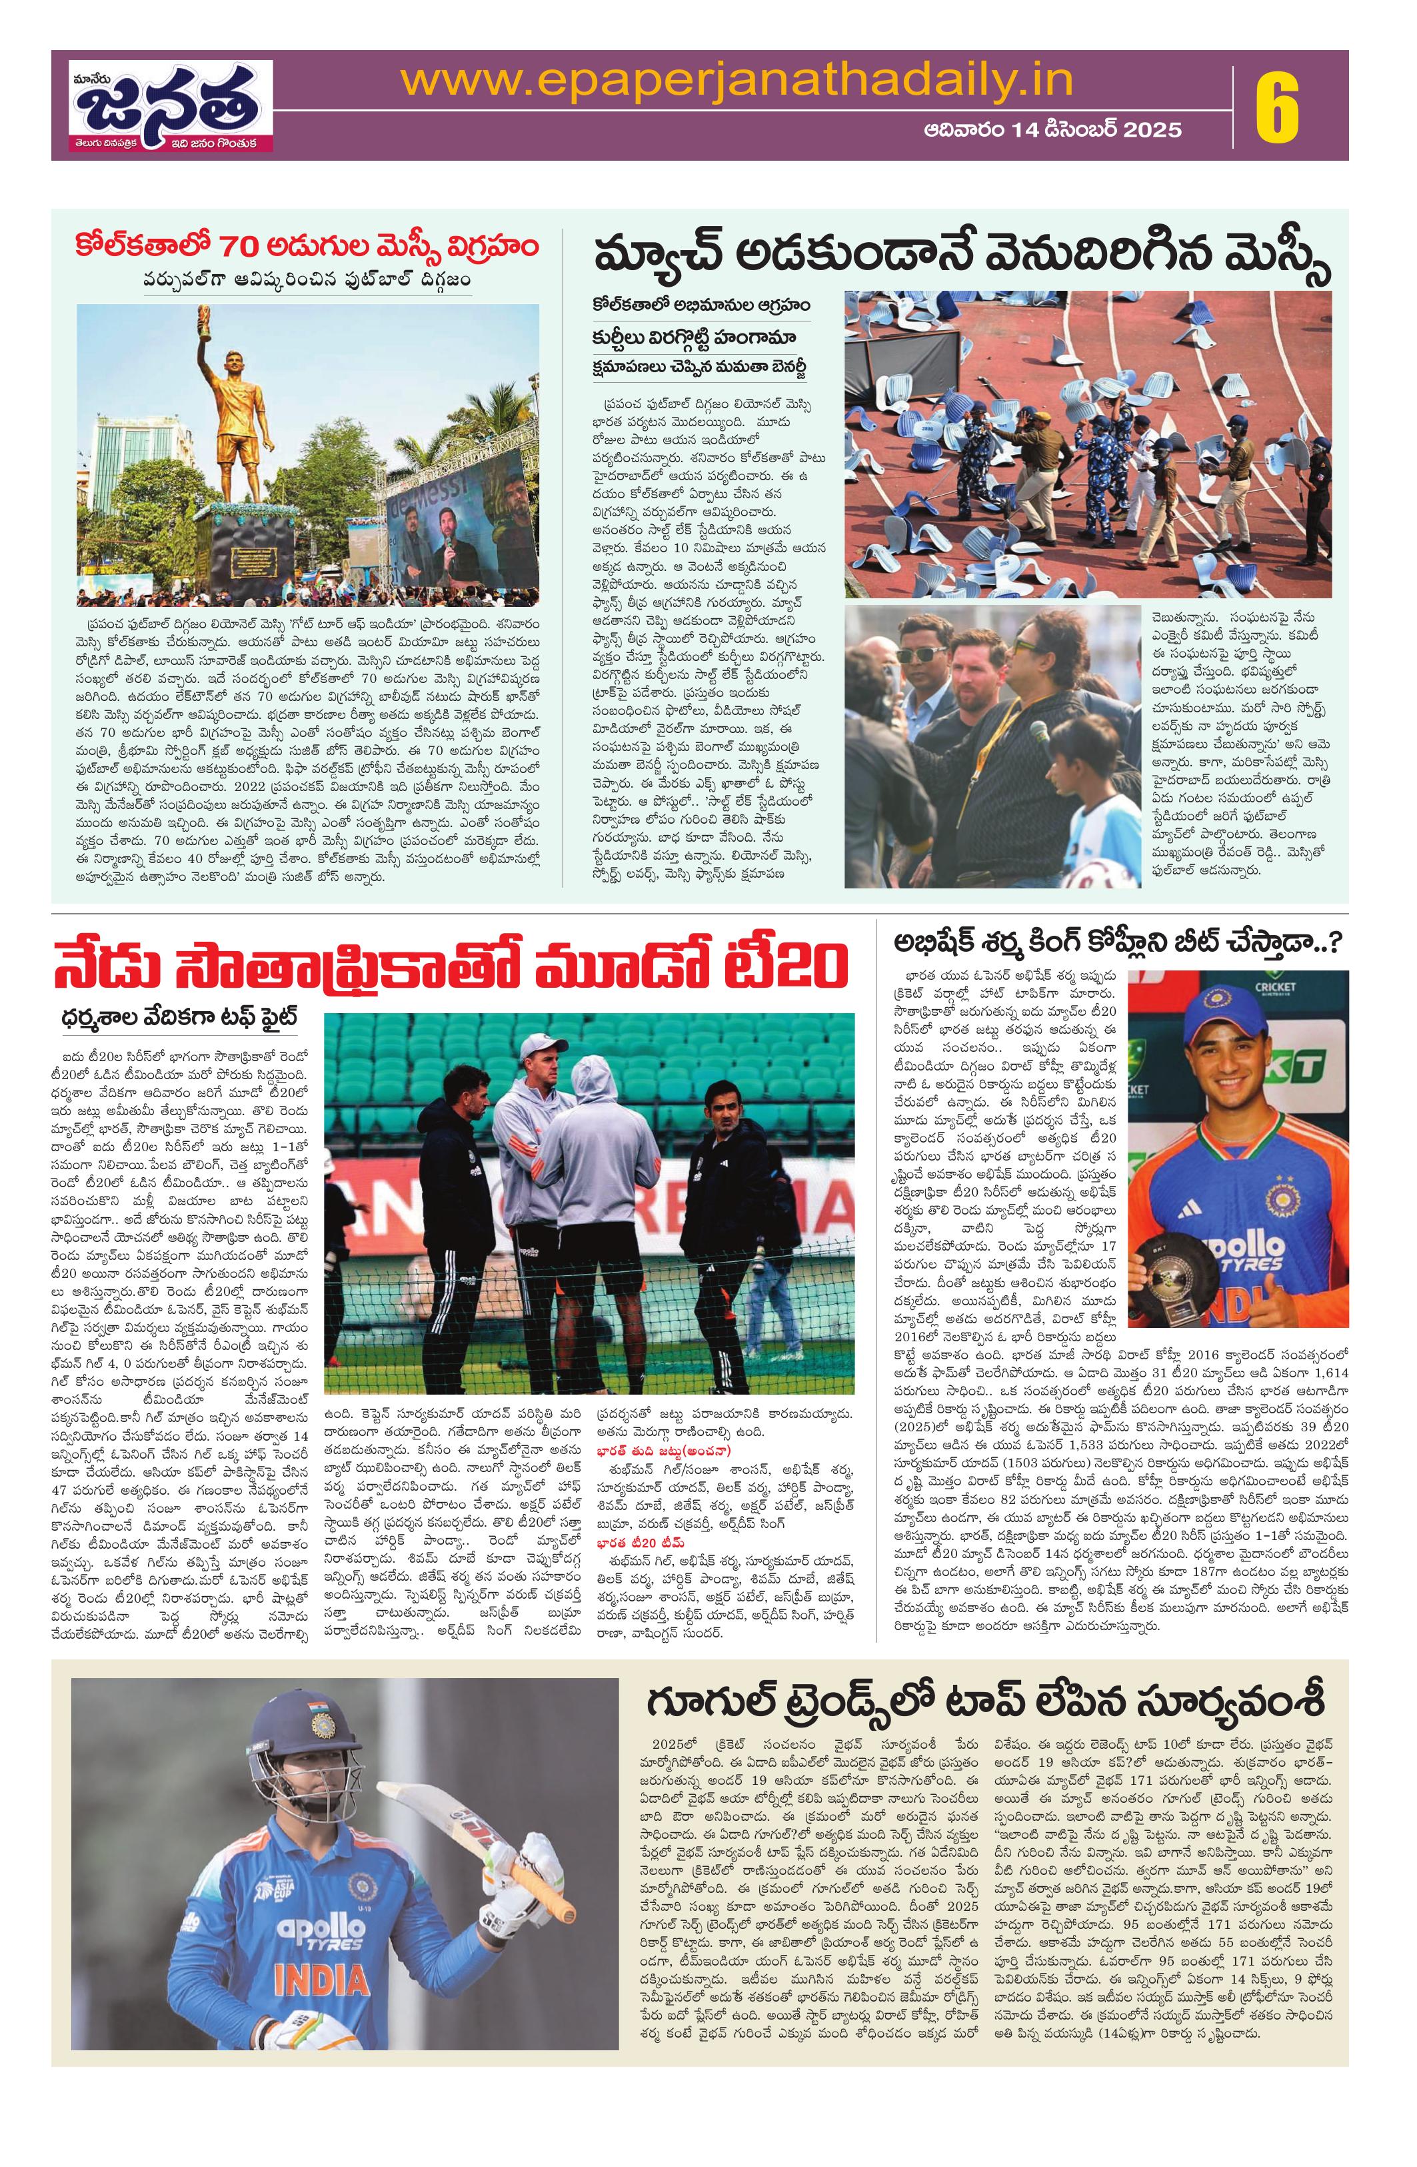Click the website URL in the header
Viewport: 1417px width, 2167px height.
point(737,84)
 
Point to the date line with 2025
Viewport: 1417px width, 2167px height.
point(1052,130)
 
